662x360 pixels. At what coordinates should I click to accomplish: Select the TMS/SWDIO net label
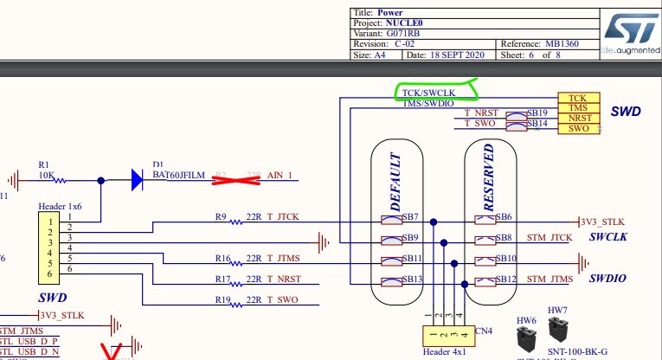(x=428, y=104)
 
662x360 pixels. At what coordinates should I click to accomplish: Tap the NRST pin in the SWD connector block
(x=577, y=119)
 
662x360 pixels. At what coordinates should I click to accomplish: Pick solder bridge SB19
(x=537, y=113)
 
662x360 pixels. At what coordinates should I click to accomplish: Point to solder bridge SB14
(x=537, y=124)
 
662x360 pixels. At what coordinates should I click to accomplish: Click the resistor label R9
(x=220, y=216)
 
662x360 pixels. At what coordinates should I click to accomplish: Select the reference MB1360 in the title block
(x=575, y=43)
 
